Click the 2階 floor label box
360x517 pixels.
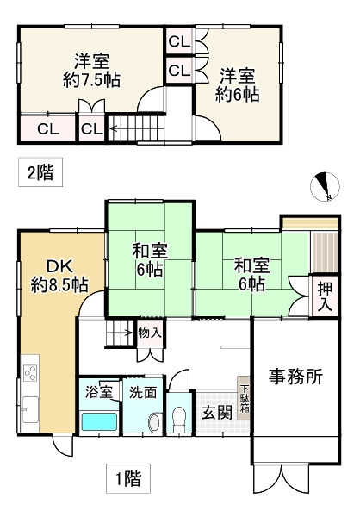[39, 172]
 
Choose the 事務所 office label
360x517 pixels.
[295, 377]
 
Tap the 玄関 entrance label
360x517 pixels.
[217, 412]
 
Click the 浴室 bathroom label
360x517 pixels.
[98, 392]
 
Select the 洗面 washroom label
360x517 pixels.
[142, 392]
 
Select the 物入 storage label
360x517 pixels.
[149, 332]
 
